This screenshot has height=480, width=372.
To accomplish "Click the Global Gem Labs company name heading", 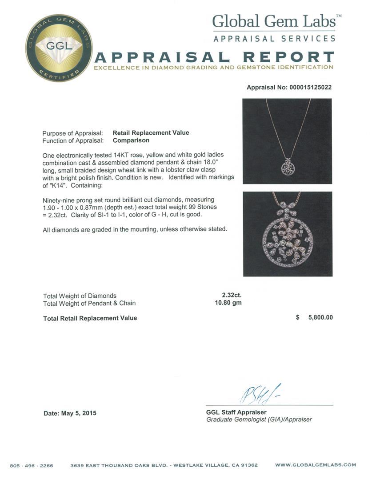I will point(276,22).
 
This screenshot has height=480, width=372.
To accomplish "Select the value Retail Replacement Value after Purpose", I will point(151,133).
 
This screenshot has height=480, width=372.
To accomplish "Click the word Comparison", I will point(131,140).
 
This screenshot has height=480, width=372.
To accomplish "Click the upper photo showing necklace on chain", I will point(287,141).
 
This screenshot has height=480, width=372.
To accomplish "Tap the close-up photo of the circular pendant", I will point(288,234).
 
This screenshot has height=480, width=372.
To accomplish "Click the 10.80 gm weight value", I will point(228,303).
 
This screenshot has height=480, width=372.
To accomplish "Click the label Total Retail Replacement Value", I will point(90,318).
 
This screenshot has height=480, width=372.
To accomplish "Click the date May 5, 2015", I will point(70,413).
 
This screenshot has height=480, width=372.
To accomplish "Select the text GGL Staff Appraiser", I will point(236,412).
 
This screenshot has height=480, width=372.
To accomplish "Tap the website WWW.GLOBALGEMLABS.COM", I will point(315,465).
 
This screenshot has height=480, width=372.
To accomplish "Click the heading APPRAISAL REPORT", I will point(214,57).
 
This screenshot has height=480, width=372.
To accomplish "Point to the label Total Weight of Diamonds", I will point(80,296).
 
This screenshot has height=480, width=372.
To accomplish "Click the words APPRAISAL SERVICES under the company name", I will point(274,39).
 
